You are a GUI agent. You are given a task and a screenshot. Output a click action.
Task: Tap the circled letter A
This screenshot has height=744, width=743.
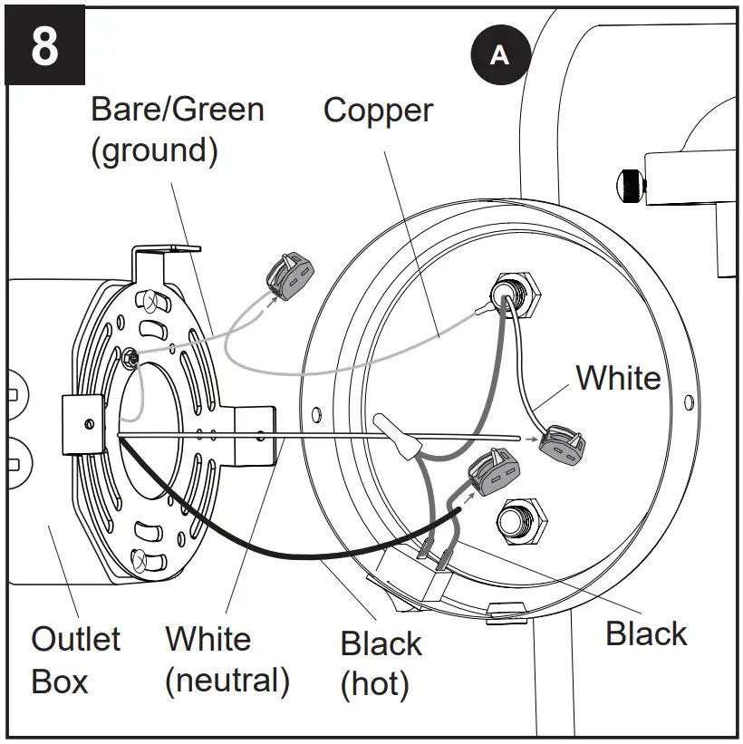tap(499, 55)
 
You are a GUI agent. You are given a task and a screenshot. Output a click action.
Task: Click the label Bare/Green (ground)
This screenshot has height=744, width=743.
tap(178, 130)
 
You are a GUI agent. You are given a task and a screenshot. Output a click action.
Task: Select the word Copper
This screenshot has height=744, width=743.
tap(379, 111)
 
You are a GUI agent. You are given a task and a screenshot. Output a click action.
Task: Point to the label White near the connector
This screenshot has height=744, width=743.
tap(618, 377)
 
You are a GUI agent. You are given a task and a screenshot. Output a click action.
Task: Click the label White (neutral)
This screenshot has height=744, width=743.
tap(227, 660)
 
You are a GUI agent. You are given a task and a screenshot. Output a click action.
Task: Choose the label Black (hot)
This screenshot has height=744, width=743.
tap(381, 663)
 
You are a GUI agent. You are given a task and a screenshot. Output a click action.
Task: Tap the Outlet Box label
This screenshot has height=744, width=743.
tap(75, 660)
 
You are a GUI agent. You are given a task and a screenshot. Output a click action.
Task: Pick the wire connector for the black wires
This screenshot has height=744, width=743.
tap(491, 473)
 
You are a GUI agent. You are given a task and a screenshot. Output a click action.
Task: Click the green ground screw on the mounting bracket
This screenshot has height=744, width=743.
tap(133, 359)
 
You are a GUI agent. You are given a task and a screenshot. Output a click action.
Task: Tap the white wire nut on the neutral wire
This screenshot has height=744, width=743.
tap(398, 434)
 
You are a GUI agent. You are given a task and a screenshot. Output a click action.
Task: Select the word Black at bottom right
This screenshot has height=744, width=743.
tap(646, 634)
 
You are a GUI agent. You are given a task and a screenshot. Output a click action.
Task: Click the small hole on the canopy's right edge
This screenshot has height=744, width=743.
tap(694, 400)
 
